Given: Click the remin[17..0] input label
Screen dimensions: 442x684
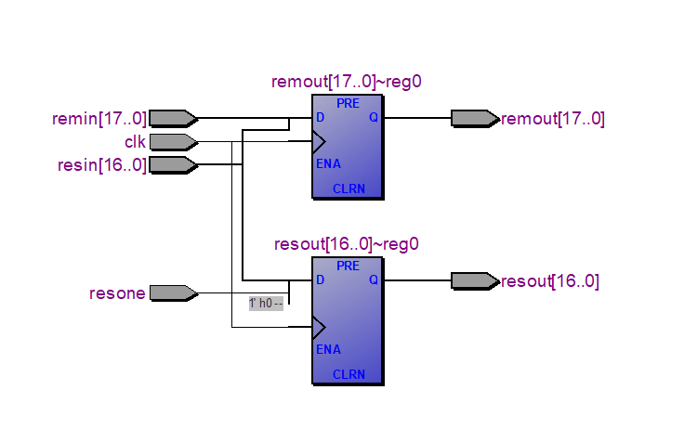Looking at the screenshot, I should (99, 118).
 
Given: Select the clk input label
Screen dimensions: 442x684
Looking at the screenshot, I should (135, 141).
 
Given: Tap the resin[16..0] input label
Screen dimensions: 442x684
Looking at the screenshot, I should (102, 165).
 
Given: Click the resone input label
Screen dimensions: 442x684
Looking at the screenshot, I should (117, 293).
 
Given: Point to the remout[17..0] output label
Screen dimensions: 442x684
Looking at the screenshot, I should (553, 118).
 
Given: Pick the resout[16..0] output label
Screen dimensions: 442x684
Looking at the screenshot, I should (550, 280).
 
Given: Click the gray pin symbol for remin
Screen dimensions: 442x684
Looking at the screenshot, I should (173, 118).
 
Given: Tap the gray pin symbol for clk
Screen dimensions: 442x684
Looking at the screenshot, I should (173, 141).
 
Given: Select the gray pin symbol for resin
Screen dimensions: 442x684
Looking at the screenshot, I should (173, 165).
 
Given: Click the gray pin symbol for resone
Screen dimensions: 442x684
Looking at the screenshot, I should (173, 293).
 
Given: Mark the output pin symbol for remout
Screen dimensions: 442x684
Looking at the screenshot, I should (474, 118).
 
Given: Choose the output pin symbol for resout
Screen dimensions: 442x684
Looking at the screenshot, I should (474, 280).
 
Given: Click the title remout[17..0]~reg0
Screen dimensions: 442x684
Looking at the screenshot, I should (347, 82).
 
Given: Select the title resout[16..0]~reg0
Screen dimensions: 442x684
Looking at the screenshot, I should (347, 244).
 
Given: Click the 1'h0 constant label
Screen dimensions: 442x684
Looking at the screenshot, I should (265, 304).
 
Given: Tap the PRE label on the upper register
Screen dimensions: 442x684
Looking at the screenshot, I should (348, 103).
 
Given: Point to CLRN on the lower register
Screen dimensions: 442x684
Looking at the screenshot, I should (349, 375).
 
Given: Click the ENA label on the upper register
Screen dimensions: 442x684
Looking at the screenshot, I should (327, 164).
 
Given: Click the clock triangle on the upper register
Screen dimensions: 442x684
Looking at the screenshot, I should (319, 142).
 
